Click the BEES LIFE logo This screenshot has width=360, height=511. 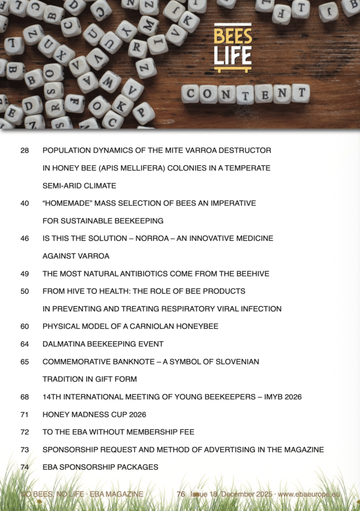[233, 47]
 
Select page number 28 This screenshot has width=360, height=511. [24, 150]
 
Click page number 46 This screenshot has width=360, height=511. [24, 239]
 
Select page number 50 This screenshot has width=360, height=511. [24, 291]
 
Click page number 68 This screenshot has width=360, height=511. [24, 397]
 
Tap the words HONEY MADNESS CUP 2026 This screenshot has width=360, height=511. [94, 415]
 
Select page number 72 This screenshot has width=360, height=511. [24, 432]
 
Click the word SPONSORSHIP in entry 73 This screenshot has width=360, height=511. [68, 450]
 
